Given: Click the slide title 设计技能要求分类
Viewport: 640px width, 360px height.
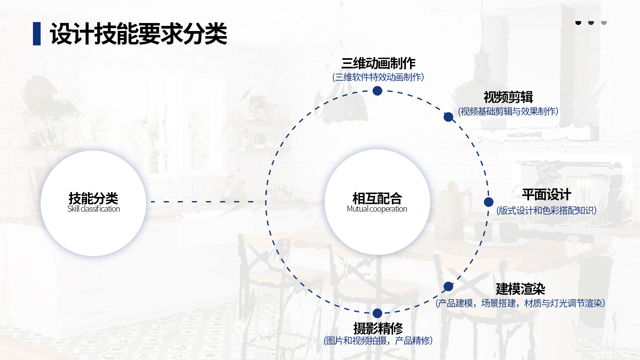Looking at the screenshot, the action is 138,34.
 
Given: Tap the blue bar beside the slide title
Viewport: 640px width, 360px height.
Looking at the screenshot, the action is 37,34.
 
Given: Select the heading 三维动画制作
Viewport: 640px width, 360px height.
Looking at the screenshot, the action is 378,63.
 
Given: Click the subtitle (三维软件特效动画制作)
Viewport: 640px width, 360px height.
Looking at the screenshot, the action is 378,77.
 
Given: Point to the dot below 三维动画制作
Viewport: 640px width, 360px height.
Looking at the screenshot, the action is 377,91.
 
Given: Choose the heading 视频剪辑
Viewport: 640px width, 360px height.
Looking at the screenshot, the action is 508,97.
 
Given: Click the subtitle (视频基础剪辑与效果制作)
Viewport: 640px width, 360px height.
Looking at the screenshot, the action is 508,111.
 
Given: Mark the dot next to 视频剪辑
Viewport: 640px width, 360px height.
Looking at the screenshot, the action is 448,117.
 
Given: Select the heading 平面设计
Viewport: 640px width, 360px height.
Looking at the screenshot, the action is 547,194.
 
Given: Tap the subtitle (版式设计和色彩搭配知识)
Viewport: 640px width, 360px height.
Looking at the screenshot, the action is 547,210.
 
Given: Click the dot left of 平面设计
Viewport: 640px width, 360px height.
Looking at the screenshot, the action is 489,202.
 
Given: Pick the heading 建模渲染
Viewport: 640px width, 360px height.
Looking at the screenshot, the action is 521,289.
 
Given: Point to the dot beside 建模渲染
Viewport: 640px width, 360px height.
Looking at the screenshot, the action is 448,286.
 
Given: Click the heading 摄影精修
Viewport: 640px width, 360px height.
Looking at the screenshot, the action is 378,328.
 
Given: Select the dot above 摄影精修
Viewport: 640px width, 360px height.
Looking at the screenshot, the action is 377,313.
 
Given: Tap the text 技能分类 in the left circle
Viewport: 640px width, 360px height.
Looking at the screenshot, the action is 93,199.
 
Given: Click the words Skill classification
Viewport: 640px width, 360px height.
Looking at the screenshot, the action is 93,209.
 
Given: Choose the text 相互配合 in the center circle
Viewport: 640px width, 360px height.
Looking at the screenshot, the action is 377,199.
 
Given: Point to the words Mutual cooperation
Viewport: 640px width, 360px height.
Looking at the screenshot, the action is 377,209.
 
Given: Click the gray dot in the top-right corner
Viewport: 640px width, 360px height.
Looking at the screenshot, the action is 604,22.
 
